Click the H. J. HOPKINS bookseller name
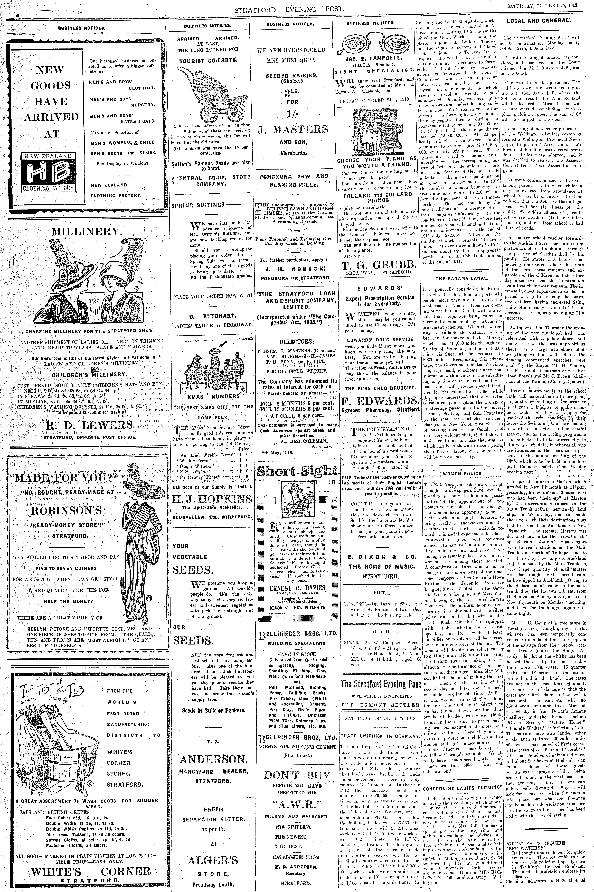click(212, 498)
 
